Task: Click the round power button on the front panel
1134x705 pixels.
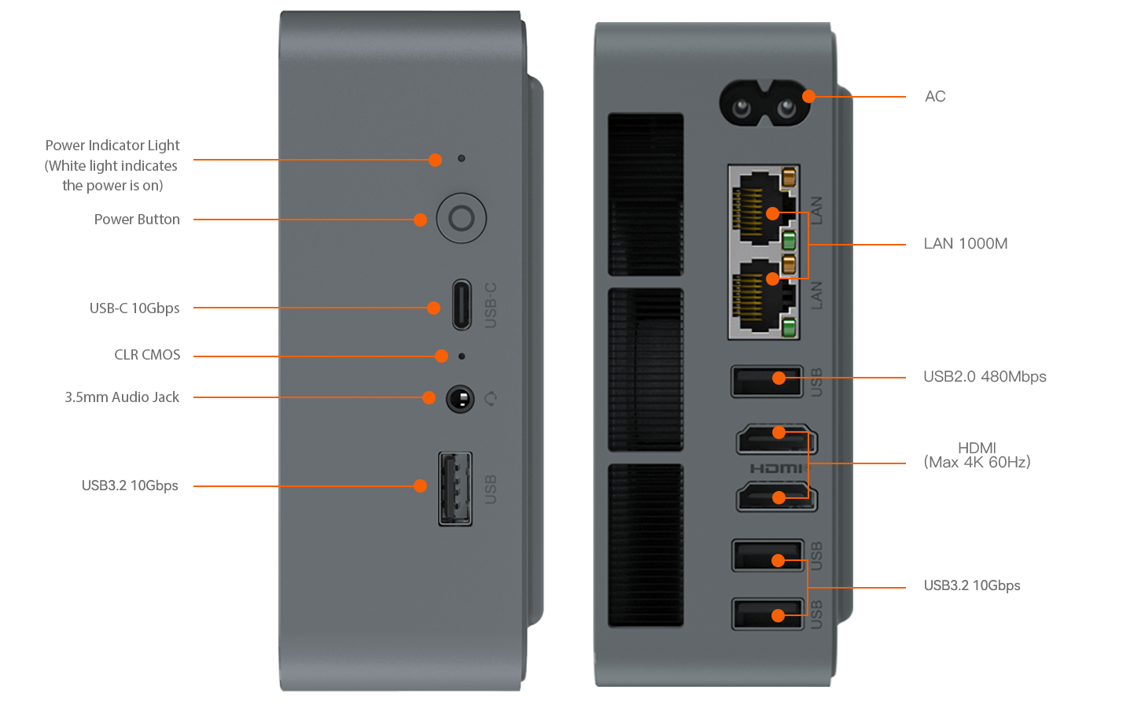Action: [x=461, y=218]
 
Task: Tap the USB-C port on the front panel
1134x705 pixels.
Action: [x=462, y=305]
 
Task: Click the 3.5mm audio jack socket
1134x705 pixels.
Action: [x=460, y=399]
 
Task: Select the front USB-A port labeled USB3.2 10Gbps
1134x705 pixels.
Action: [x=455, y=489]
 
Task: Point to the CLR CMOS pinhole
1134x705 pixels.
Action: [x=461, y=356]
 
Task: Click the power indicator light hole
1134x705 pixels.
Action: [x=461, y=158]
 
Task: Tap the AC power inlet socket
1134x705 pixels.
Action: [x=764, y=103]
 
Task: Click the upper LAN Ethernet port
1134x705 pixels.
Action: [x=763, y=209]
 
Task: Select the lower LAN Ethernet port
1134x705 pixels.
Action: [x=763, y=297]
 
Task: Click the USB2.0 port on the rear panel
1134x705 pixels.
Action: [x=767, y=381]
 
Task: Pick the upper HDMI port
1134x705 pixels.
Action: [x=777, y=439]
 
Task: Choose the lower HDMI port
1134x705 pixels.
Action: [x=777, y=496]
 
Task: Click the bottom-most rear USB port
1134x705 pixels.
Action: [x=768, y=614]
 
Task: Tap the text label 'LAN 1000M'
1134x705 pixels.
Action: [x=966, y=244]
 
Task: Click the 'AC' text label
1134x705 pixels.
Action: [x=935, y=96]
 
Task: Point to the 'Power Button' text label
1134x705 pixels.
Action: [x=137, y=220]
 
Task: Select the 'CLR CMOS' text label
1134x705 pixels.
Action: [x=147, y=355]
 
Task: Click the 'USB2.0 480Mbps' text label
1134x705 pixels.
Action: [x=985, y=376]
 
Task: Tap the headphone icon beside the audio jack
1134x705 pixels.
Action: [x=491, y=399]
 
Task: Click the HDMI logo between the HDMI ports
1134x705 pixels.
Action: [x=778, y=468]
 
